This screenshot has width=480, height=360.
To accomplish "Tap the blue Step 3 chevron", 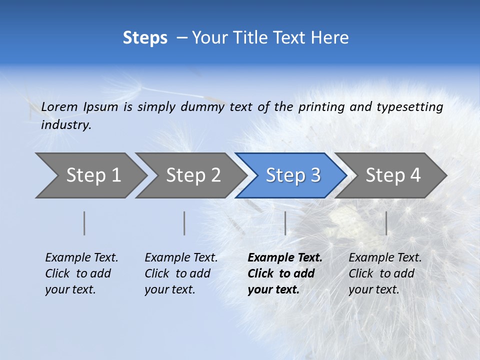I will tap(292, 175).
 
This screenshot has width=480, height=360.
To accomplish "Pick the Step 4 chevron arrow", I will tap(392, 175).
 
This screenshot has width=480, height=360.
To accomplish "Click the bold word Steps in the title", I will tap(145, 38).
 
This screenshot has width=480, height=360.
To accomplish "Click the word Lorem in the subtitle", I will tap(59, 106).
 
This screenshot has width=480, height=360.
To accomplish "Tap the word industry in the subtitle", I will tap(66, 125).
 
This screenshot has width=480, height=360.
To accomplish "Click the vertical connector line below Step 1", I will tap(84, 223).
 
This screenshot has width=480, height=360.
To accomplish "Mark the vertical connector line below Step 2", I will tap(184, 223).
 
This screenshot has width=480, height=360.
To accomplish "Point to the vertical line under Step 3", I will tap(285, 223).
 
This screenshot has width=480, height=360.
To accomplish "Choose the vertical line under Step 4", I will tap(386, 223).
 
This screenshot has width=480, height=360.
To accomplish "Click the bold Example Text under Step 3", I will tap(285, 258).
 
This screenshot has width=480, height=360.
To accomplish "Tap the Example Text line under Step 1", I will tap(81, 258).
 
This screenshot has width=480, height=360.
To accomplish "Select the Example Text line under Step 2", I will tap(181, 258).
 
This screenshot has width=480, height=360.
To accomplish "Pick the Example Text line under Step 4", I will tap(385, 258).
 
